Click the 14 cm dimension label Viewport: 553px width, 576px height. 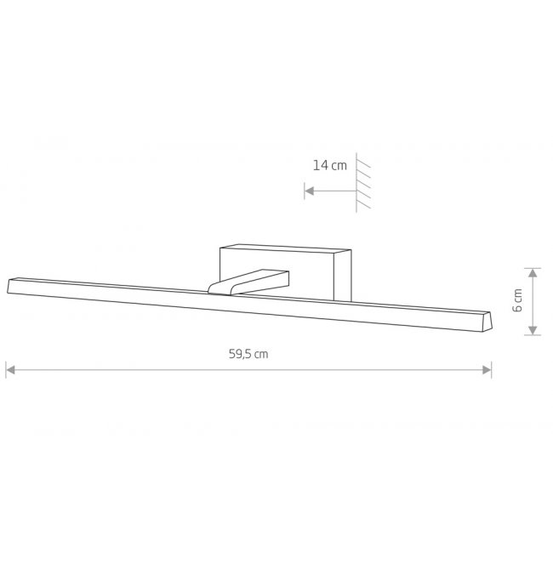click(329, 165)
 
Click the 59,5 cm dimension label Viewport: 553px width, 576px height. click(248, 354)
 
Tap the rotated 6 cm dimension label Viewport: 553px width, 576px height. click(517, 300)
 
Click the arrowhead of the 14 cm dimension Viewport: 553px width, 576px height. click(310, 191)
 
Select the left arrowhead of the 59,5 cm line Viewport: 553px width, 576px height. click(10, 370)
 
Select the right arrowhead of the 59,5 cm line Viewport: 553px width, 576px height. click(487, 370)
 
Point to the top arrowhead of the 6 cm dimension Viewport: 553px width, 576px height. click(533, 273)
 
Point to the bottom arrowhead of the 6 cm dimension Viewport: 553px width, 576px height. click(533, 330)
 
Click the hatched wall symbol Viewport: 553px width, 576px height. click(363, 183)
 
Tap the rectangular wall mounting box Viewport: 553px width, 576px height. click(286, 272)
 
